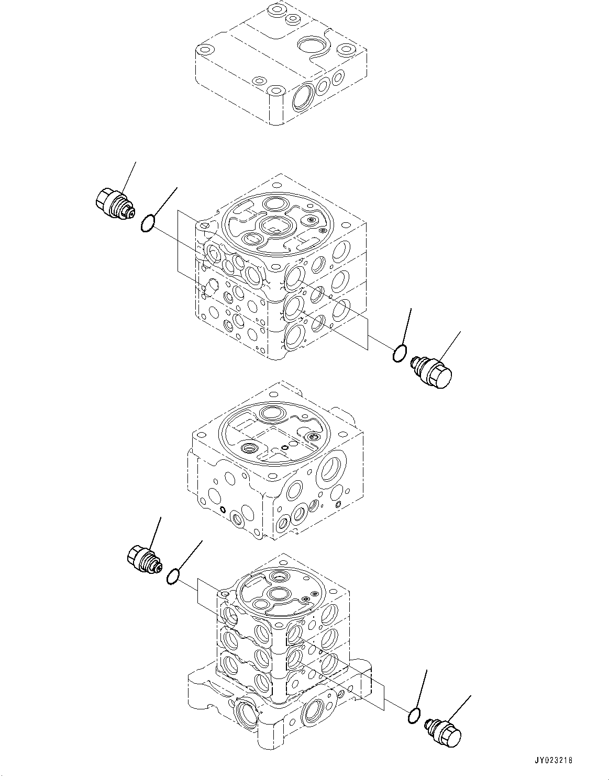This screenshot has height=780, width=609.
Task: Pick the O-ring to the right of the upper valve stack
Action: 399,354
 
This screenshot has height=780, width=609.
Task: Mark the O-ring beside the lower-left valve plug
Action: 173,577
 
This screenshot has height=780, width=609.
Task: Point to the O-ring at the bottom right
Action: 414,716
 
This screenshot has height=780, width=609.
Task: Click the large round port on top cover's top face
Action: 312,44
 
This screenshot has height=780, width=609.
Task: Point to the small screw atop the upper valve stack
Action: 312,221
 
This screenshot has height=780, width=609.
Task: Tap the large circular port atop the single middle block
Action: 272,413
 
